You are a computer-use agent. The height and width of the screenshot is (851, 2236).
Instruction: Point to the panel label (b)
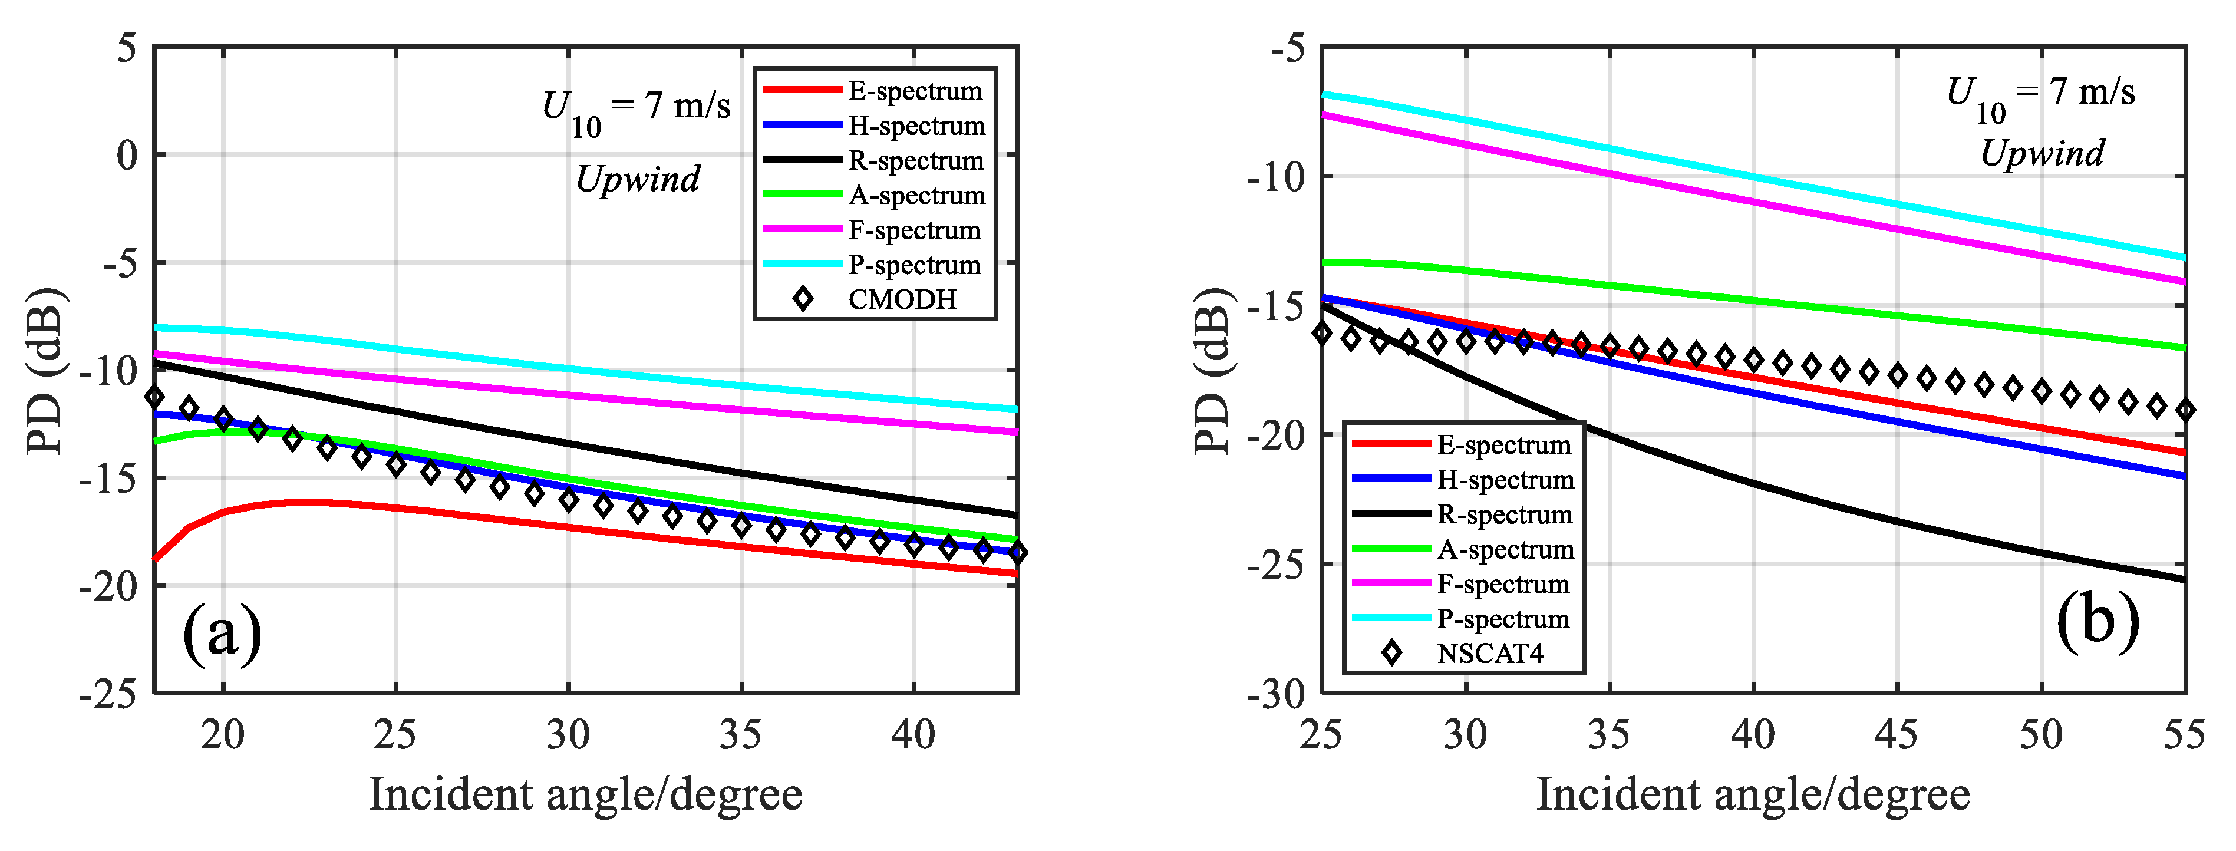click(x=2097, y=622)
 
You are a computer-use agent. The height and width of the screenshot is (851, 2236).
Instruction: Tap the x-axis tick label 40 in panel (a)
click(x=913, y=735)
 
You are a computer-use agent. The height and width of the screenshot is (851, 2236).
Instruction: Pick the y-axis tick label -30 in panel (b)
click(x=1276, y=694)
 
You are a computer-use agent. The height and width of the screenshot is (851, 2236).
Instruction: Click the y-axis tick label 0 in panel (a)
click(x=128, y=156)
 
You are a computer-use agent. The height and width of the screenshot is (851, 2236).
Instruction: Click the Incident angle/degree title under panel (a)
click(x=585, y=794)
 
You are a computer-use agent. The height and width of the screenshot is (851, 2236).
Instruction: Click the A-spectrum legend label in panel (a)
click(x=916, y=196)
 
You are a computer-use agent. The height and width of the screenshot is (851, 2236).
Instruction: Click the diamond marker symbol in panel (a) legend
click(x=803, y=299)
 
